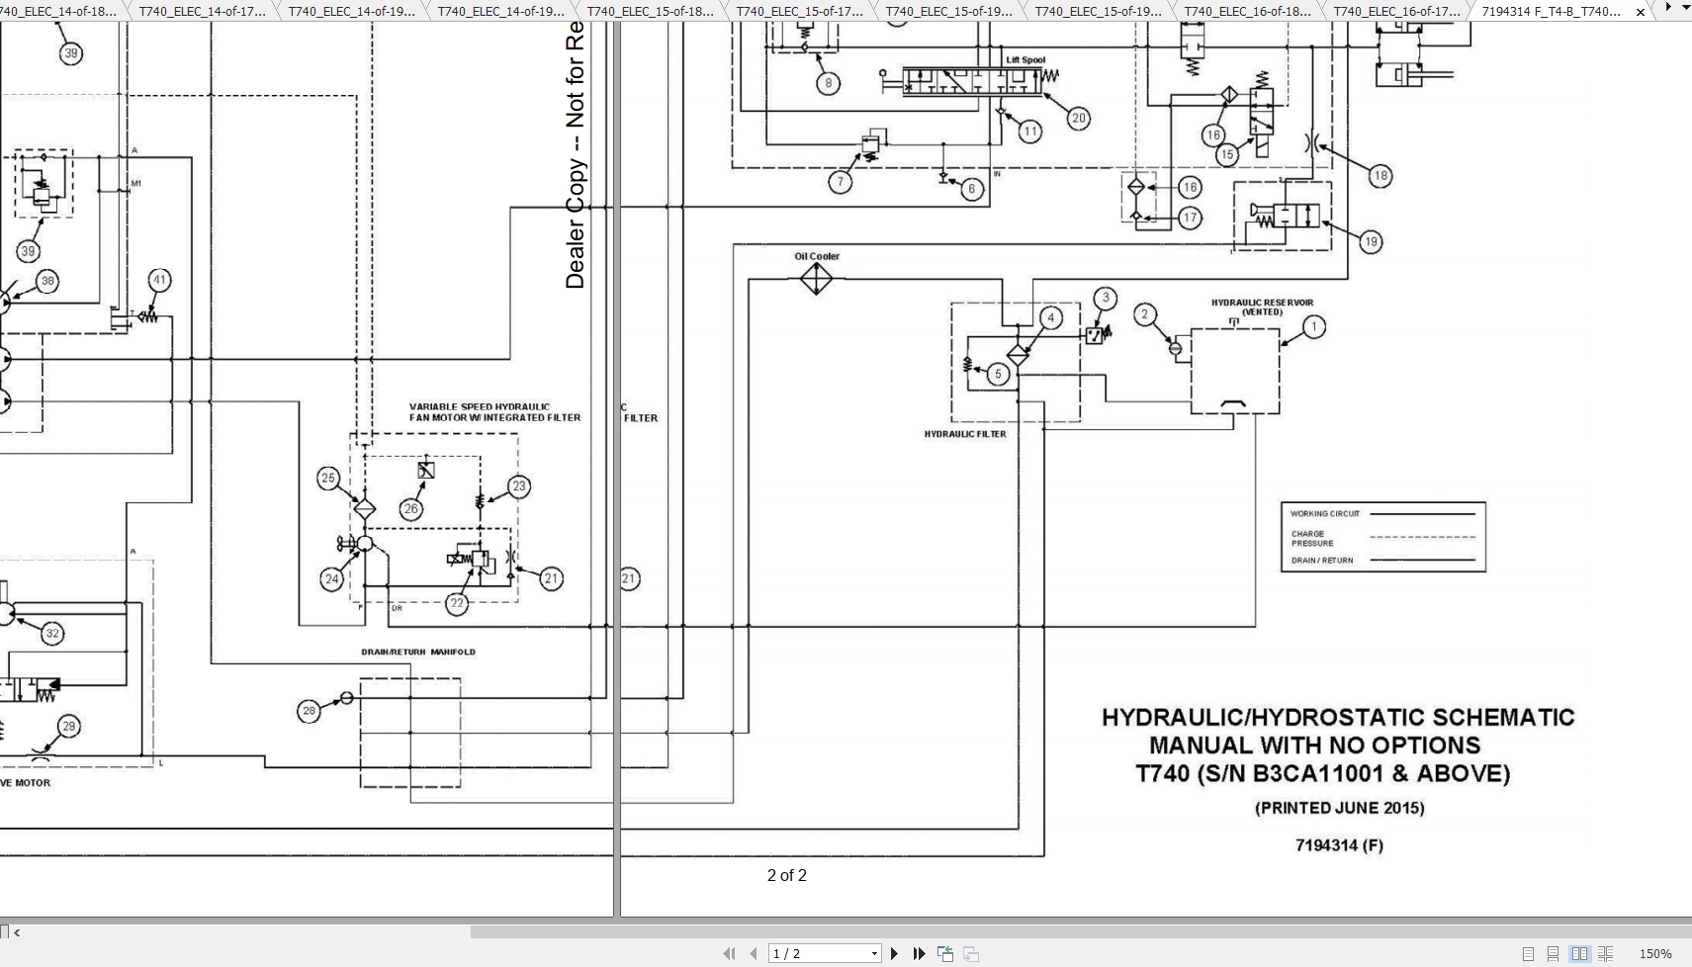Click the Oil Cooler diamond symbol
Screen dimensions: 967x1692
click(x=816, y=279)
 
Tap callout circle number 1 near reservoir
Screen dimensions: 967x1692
click(x=1313, y=327)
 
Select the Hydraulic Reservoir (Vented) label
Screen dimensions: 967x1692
click(x=1262, y=308)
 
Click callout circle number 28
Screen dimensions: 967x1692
click(x=309, y=711)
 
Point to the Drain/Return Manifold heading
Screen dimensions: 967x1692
click(x=417, y=652)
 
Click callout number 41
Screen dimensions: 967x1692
click(x=159, y=280)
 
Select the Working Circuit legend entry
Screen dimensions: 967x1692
click(x=1325, y=514)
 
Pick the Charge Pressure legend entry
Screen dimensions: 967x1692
click(x=1312, y=538)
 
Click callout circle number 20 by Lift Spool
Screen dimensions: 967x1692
click(x=1078, y=118)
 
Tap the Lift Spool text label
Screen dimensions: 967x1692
click(x=1025, y=60)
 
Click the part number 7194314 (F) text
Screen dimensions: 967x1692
click(x=1339, y=845)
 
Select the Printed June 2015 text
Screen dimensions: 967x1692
click(x=1339, y=808)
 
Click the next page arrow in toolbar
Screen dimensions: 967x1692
click(x=894, y=953)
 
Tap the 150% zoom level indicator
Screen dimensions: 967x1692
click(x=1654, y=953)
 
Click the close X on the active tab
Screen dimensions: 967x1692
click(x=1641, y=12)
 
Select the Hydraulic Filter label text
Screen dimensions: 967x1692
click(x=965, y=434)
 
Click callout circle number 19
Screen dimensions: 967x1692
click(x=1370, y=242)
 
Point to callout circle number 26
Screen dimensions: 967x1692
click(x=410, y=509)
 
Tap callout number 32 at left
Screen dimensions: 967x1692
click(x=52, y=634)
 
